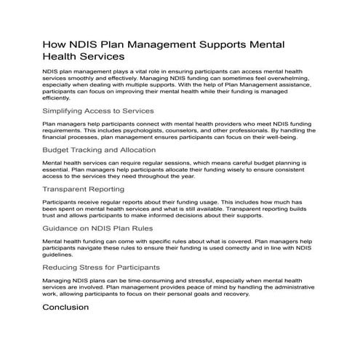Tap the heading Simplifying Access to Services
pyautogui.click(x=98, y=111)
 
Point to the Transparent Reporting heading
pyautogui.click(x=83, y=189)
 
